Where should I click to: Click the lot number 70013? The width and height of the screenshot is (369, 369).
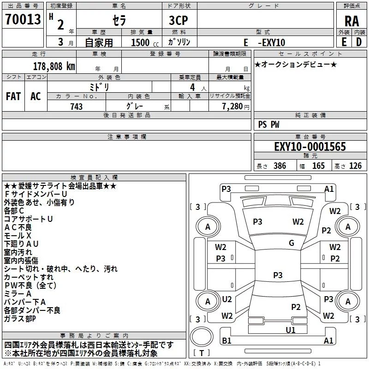[23, 20]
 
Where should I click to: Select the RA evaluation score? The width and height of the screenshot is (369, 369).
[351, 21]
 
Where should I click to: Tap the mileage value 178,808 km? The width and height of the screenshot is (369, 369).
[54, 66]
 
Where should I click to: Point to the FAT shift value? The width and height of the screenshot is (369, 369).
[13, 96]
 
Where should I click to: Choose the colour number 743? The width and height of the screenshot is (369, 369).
[76, 107]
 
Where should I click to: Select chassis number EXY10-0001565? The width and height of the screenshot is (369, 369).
[309, 147]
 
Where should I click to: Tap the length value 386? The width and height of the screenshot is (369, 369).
[278, 166]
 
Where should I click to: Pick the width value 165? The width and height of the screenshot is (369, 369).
[318, 166]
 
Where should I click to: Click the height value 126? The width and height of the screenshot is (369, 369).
[355, 166]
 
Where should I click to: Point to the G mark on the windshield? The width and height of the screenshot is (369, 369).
[292, 243]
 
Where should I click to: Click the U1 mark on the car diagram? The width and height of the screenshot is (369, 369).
[290, 330]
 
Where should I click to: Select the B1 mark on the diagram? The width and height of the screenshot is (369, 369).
[226, 341]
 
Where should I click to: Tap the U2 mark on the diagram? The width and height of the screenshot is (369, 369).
[227, 299]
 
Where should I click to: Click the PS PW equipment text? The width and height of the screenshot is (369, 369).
[269, 124]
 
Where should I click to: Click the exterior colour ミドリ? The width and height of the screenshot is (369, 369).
[100, 87]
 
